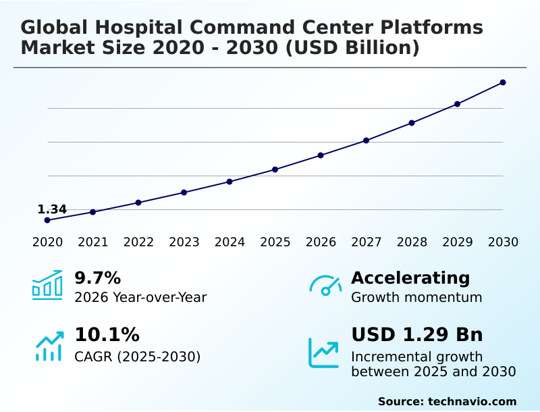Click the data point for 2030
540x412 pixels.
click(503, 82)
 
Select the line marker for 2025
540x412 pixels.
click(275, 170)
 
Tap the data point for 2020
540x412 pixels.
click(47, 220)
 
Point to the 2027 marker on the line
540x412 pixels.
click(366, 140)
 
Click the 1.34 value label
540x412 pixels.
click(52, 209)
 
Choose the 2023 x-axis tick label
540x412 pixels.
click(184, 242)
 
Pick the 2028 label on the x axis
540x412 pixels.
click(412, 242)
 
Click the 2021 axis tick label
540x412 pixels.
click(93, 242)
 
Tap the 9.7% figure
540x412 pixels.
click(98, 278)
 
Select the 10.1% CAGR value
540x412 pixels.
click(107, 334)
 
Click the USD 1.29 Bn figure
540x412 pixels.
click(417, 334)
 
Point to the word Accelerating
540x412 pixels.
click(410, 278)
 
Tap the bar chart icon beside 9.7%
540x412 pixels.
click(47, 285)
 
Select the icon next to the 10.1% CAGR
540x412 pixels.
click(50, 346)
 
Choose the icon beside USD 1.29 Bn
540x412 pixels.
click(323, 353)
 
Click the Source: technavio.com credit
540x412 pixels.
click(448, 401)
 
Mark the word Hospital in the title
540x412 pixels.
click(138, 27)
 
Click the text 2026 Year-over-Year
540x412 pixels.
click(140, 297)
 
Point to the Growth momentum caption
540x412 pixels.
click(416, 297)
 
